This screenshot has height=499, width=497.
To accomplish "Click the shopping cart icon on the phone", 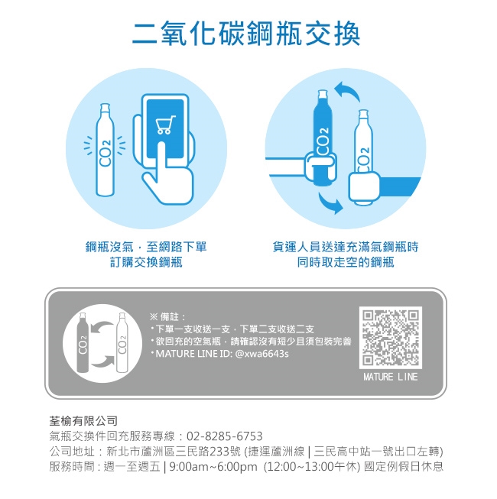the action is (165, 125).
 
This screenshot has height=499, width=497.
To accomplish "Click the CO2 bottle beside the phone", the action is (105, 150).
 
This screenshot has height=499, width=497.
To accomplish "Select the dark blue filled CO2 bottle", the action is (322, 138).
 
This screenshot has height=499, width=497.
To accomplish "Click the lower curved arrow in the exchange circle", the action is (330, 203).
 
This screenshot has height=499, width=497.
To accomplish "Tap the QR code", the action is (391, 337).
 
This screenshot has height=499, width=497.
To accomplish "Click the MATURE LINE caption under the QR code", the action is (391, 377).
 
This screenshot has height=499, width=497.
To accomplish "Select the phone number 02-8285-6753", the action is (225, 436).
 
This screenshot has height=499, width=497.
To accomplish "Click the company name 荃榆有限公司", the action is (83, 421).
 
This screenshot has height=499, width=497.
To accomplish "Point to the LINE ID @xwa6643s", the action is (261, 354).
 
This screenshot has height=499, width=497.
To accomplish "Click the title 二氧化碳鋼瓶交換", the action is (246, 34).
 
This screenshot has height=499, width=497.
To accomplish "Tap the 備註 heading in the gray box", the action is (169, 316).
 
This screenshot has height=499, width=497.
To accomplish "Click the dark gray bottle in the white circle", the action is (83, 342).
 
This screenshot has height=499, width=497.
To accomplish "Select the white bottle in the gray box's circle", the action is (122, 342).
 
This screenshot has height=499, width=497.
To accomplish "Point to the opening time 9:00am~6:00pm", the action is (213, 467).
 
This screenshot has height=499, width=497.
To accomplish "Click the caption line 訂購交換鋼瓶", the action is (146, 262).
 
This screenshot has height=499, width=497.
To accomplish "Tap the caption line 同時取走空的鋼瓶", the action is (346, 262).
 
